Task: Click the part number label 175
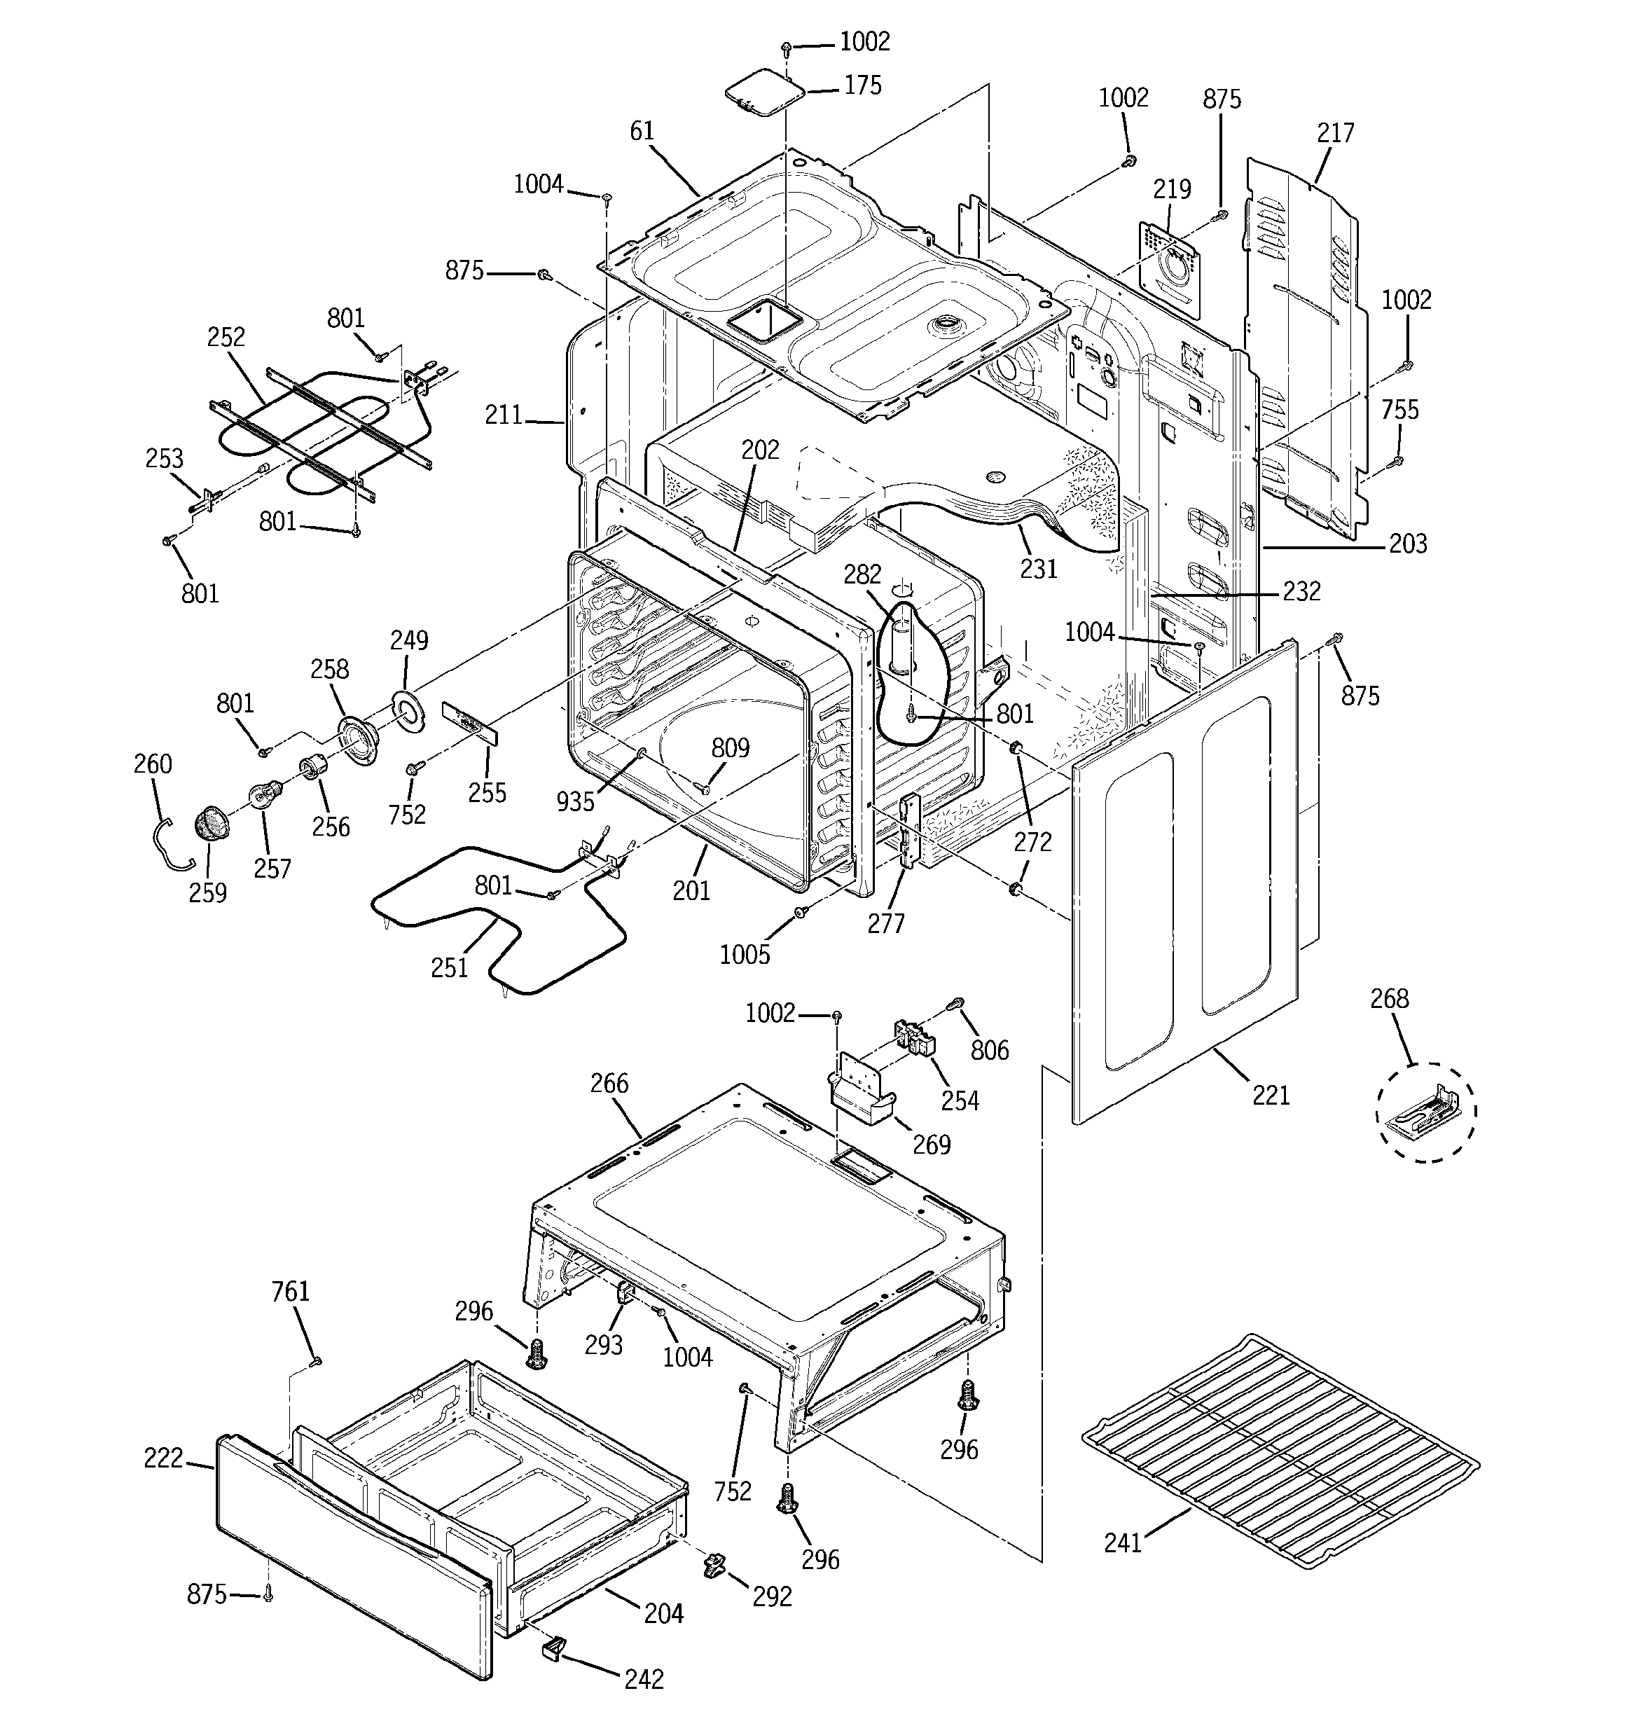(862, 85)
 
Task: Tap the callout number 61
(642, 131)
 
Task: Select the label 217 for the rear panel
(1336, 132)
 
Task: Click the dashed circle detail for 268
(1426, 1112)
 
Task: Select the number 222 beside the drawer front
(164, 1458)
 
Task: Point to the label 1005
(745, 955)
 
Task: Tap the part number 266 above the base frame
(609, 1084)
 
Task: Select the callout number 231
(1038, 568)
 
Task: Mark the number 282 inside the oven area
(862, 574)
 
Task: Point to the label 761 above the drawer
(290, 1290)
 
